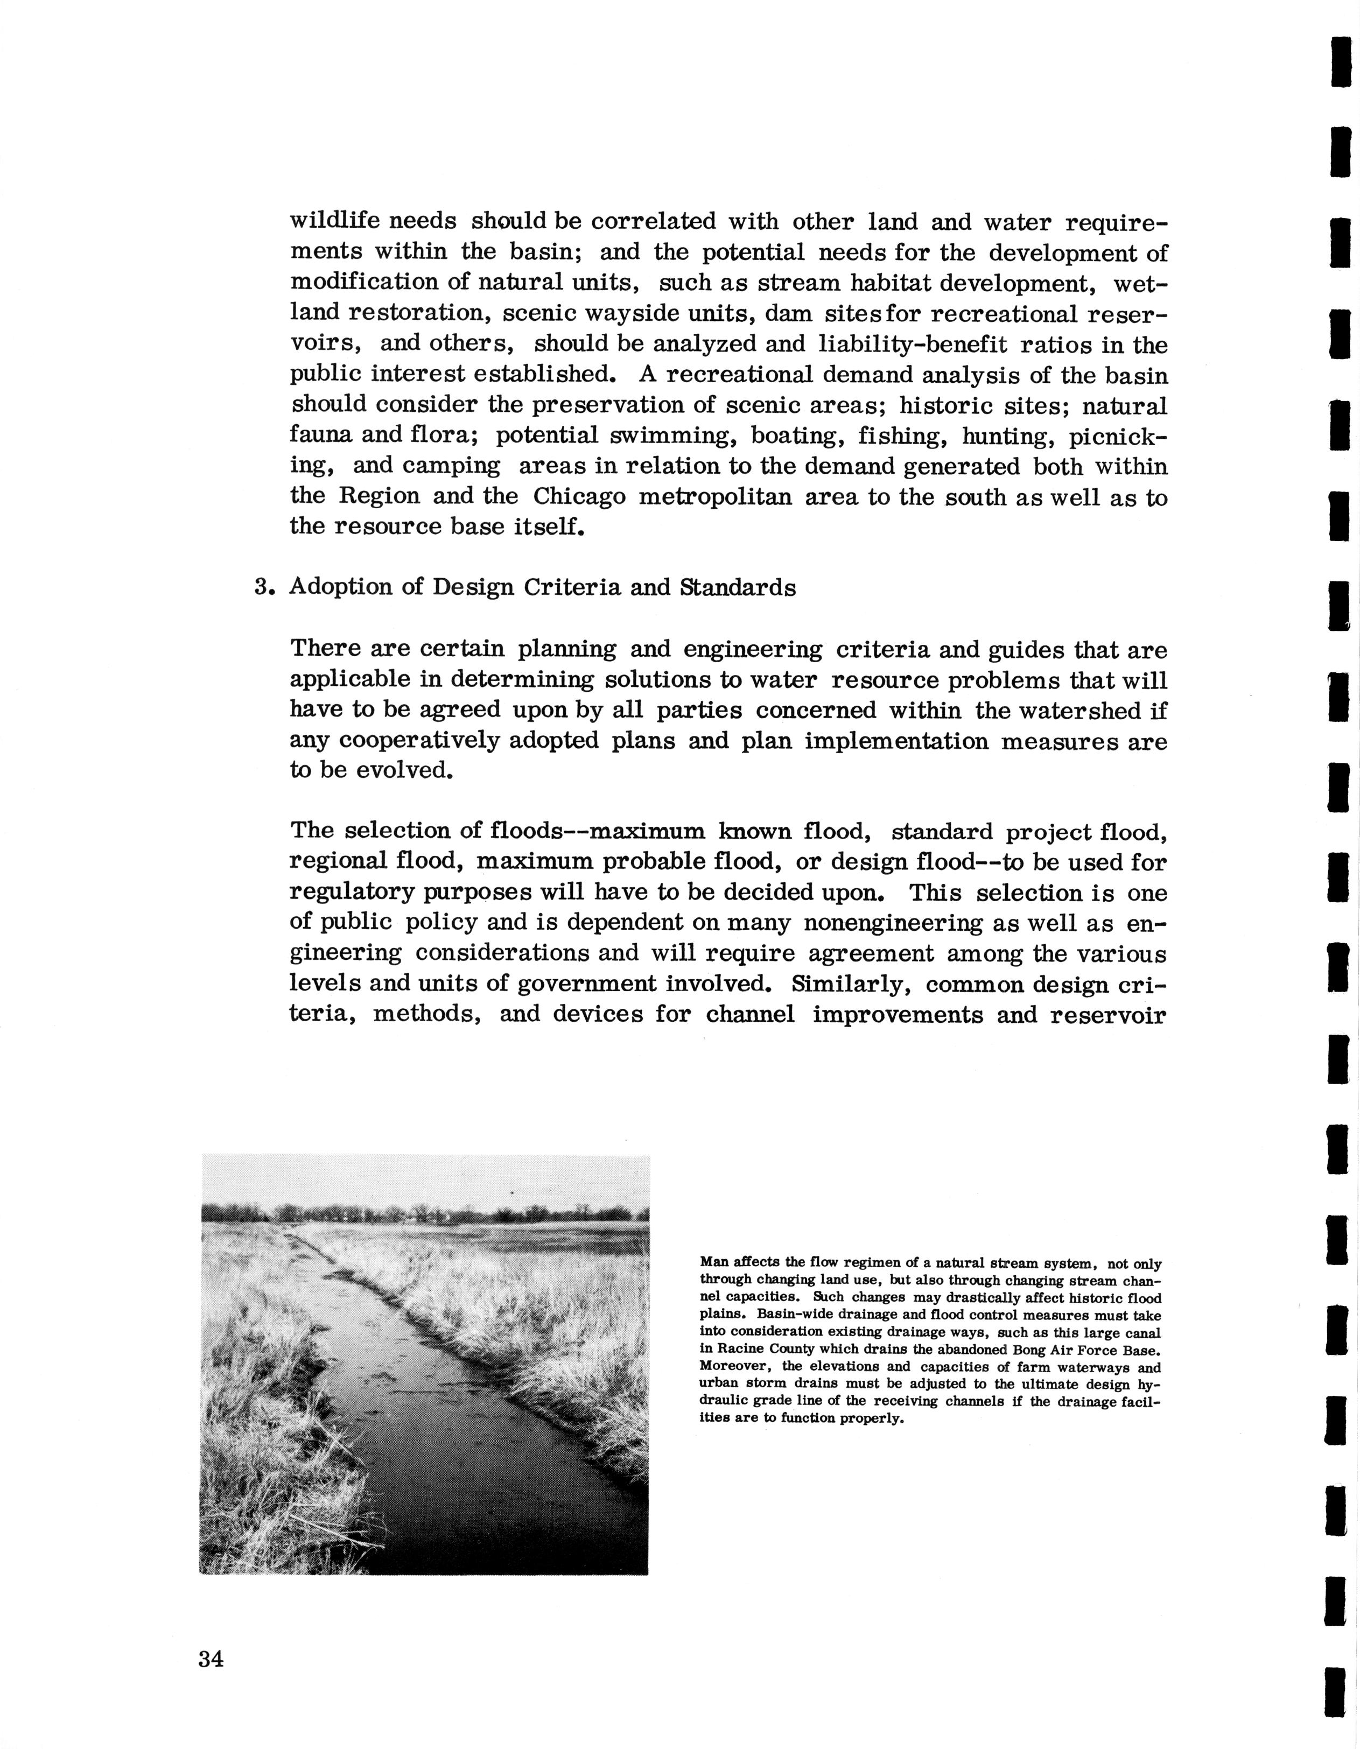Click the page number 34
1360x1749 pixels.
tap(212, 1659)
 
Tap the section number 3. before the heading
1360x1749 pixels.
tap(264, 588)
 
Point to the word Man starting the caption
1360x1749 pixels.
tap(713, 1263)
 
